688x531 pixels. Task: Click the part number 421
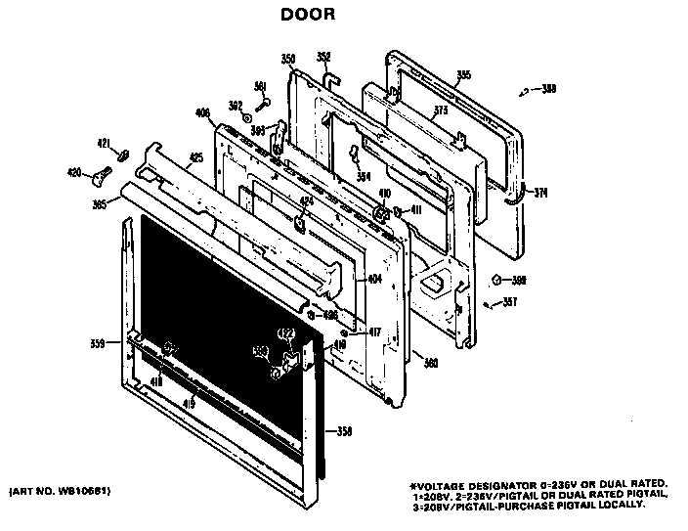(103, 145)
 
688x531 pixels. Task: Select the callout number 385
(99, 204)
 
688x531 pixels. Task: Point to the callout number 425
(195, 156)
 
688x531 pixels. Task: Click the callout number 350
(288, 60)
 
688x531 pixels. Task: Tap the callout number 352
(323, 56)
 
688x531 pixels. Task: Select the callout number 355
(463, 75)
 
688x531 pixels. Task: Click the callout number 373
(441, 111)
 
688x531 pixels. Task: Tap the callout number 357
(509, 301)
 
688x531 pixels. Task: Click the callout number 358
(343, 431)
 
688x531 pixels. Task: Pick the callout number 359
(97, 342)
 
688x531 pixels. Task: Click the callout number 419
(189, 402)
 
